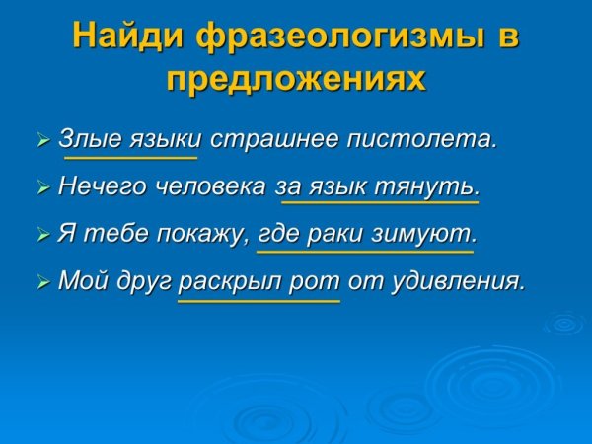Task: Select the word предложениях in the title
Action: click(x=296, y=79)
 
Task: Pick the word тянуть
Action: click(x=433, y=186)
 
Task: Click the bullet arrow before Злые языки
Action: click(x=42, y=140)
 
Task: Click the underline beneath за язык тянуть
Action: click(x=380, y=202)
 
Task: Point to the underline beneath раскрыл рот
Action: click(x=259, y=301)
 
